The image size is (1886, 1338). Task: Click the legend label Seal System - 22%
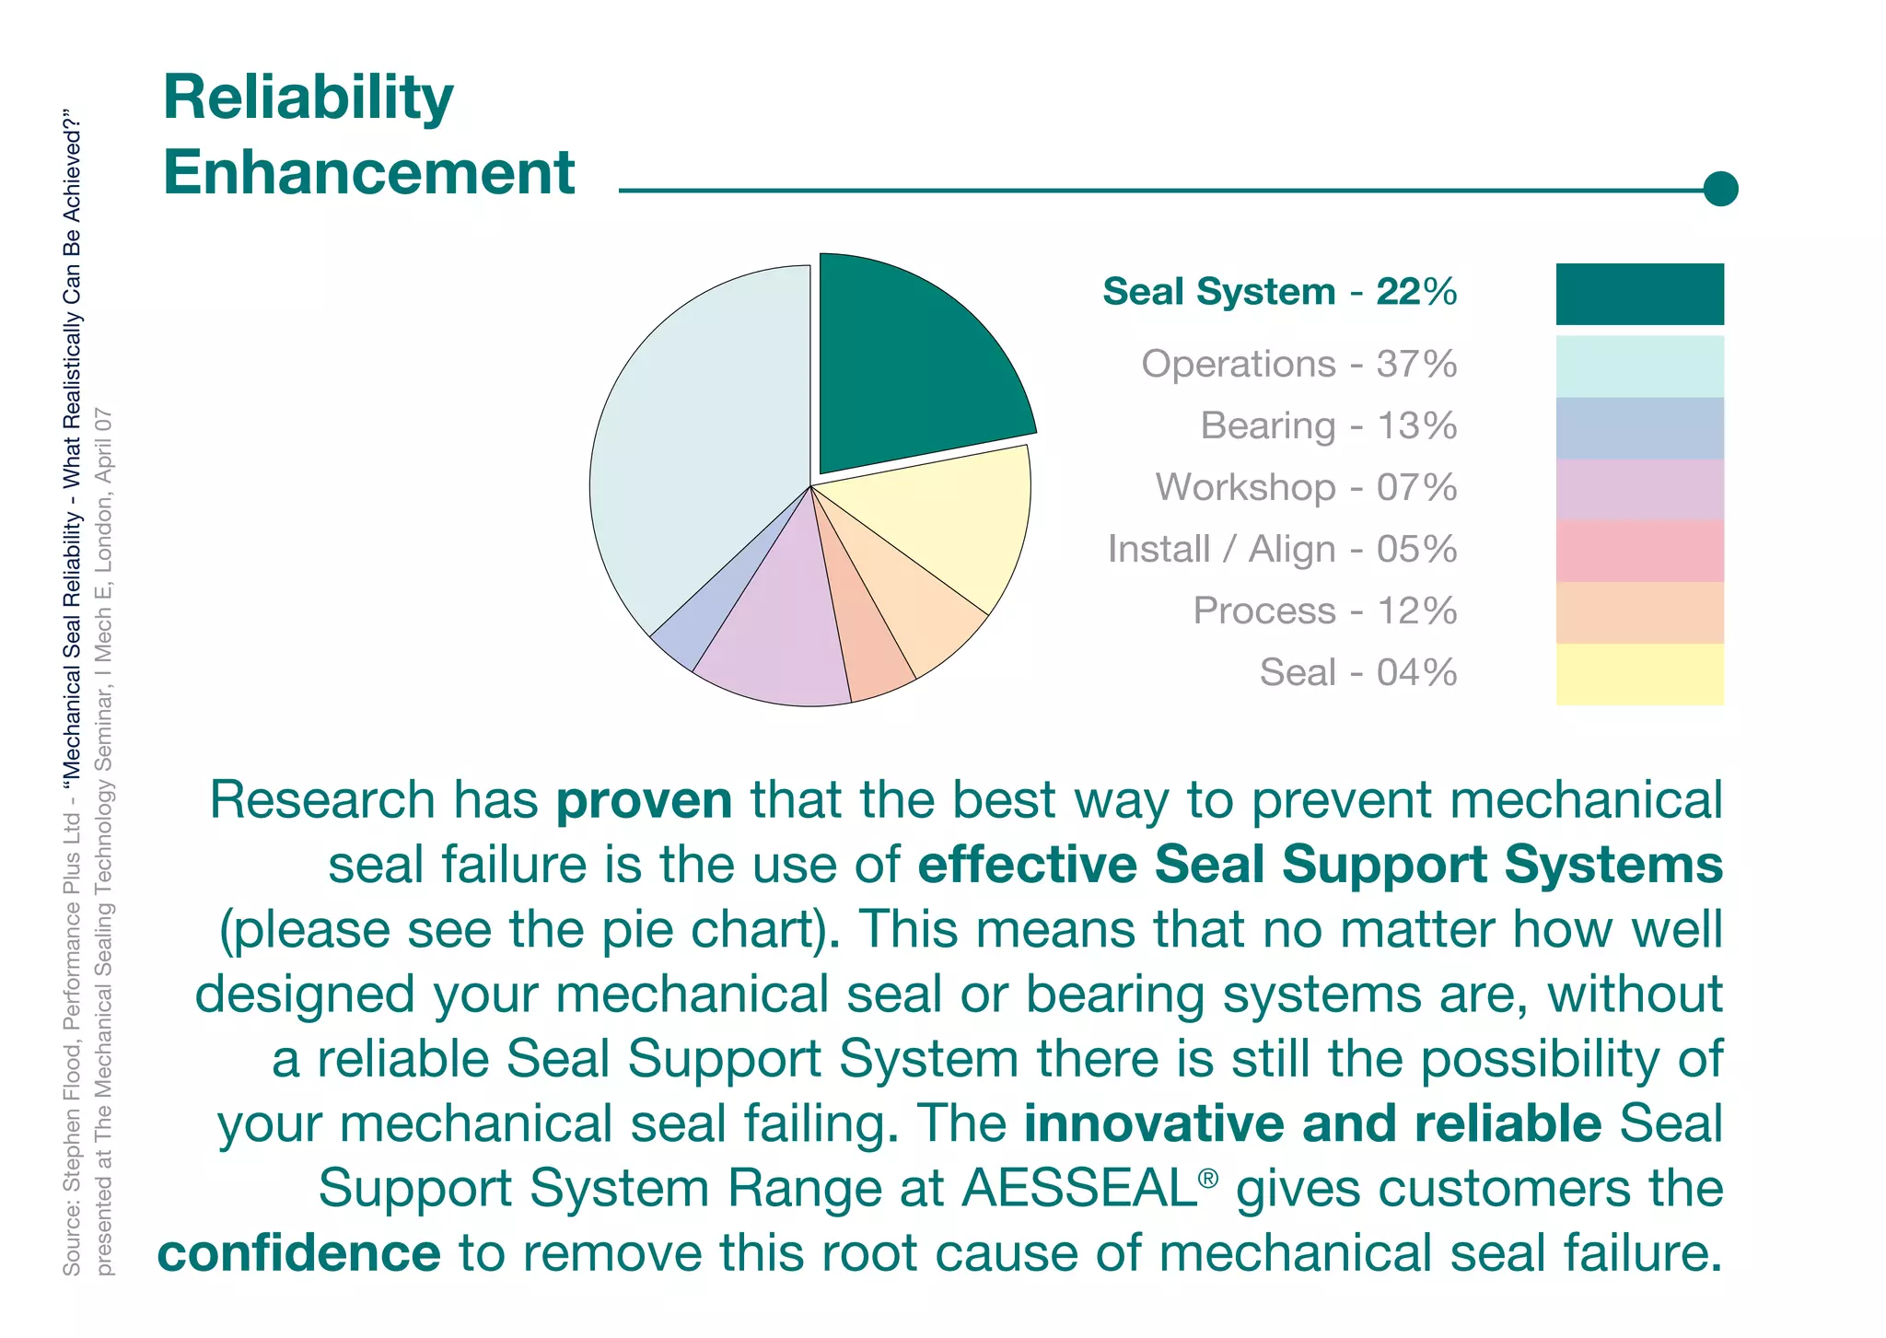coord(1279,292)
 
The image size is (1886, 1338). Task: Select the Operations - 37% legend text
coord(1298,364)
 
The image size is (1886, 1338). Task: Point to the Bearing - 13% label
coord(1328,425)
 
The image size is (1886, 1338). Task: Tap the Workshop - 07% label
coord(1306,487)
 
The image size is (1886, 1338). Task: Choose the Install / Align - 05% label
coord(1282,549)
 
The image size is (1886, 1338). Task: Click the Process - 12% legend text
coord(1324,611)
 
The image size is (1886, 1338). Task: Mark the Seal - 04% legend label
coord(1357,672)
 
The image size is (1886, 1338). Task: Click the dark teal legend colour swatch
coord(1639,294)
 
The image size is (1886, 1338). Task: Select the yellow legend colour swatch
coord(1639,674)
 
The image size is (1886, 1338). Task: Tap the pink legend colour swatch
coord(1639,551)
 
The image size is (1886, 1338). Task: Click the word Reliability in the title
coord(308,98)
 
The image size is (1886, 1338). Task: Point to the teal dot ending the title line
coord(1719,189)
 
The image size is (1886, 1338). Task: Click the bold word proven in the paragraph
coord(644,799)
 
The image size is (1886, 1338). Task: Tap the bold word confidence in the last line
coord(299,1253)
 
